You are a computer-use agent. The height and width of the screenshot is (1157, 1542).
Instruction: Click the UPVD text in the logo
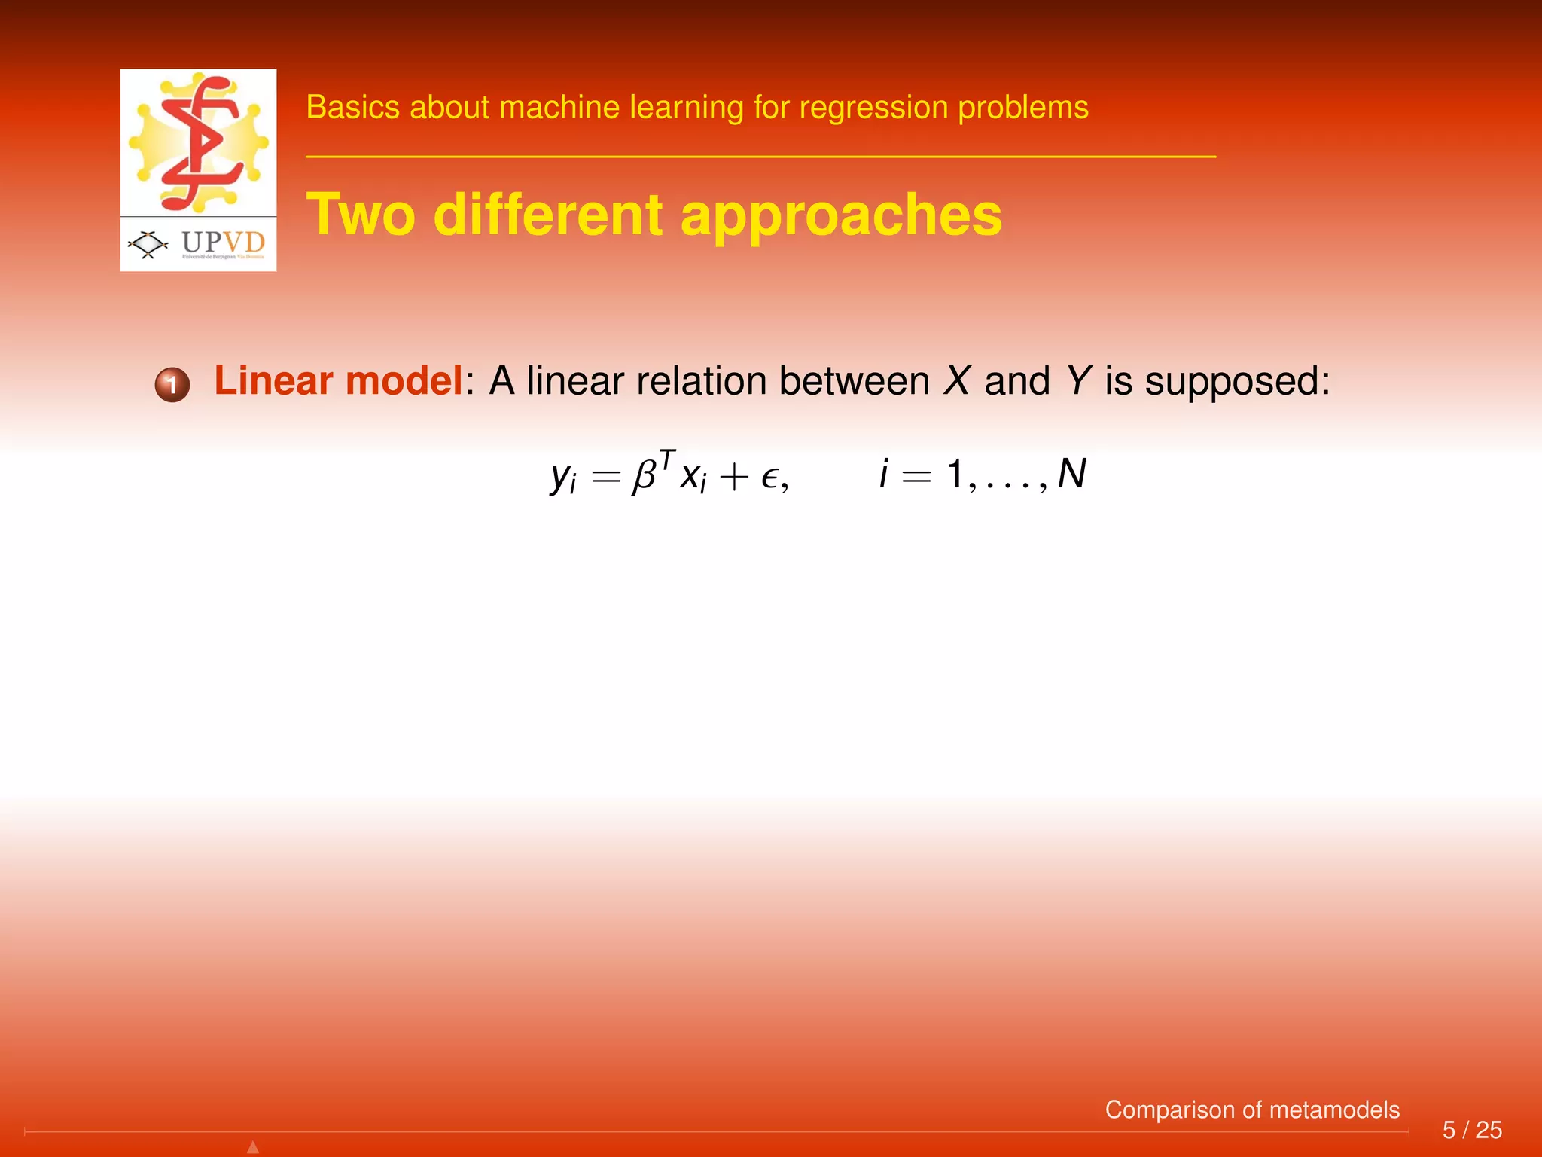(224, 242)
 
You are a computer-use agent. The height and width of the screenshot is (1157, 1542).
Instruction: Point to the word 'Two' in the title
(361, 215)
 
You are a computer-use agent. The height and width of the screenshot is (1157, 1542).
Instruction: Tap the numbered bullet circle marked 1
(172, 385)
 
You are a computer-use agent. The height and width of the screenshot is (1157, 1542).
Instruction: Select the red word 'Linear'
(273, 380)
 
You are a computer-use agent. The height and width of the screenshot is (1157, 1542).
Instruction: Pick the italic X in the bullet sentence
(957, 380)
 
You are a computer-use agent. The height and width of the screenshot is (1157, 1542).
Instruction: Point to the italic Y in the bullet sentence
(1078, 380)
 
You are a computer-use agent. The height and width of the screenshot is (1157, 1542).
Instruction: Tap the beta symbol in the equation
(645, 476)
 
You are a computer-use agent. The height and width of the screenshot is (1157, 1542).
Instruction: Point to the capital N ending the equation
(1072, 475)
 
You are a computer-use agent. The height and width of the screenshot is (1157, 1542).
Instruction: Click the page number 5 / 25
(1472, 1130)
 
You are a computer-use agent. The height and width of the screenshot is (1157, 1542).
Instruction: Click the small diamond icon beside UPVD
(148, 244)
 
